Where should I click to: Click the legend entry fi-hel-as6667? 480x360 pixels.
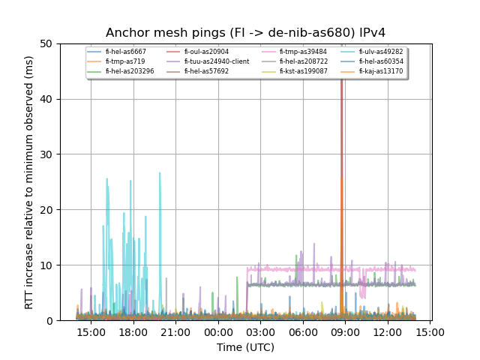125,52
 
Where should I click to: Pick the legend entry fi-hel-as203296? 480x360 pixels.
129,71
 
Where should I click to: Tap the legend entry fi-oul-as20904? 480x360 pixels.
205,52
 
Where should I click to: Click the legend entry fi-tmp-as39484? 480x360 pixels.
303,52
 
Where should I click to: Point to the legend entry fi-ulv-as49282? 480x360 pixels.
380,52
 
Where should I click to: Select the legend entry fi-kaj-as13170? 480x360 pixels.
380,71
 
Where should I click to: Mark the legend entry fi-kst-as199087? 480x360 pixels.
303,71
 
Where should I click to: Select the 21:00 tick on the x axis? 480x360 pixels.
175,331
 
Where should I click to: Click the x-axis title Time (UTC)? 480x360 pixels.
245,347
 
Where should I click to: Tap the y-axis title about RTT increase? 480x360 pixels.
29,181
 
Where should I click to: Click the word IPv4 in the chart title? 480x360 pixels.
370,33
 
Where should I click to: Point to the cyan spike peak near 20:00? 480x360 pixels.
160,173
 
